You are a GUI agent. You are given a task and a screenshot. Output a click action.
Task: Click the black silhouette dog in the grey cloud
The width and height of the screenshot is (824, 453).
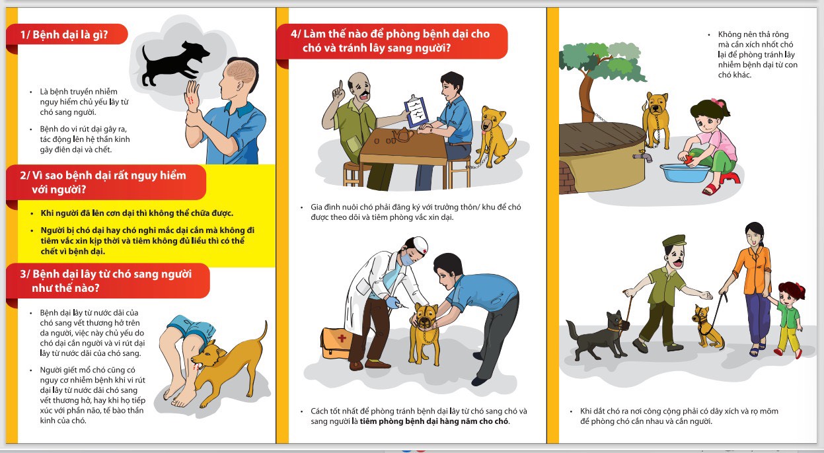(x=174, y=63)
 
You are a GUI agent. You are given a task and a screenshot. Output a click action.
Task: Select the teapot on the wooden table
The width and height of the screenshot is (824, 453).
(x=404, y=135)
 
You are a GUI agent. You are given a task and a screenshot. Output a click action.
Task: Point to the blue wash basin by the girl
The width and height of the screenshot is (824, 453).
(x=685, y=173)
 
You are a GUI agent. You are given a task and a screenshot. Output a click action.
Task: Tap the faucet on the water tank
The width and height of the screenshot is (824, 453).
(x=643, y=157)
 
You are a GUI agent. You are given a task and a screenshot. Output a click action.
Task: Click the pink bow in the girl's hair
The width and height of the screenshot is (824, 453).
(x=716, y=102)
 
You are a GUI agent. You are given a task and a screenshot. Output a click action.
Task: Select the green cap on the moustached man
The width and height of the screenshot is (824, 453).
(x=674, y=240)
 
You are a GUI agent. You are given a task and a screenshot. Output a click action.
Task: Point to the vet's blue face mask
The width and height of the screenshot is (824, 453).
(x=407, y=259)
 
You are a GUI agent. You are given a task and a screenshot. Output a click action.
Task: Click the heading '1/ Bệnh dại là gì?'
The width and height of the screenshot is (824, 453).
(x=64, y=34)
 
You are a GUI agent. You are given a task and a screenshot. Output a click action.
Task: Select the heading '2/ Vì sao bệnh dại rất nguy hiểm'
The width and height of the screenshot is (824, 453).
(x=103, y=176)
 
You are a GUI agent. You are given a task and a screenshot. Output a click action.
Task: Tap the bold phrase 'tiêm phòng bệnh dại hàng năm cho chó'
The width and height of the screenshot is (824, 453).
(x=434, y=421)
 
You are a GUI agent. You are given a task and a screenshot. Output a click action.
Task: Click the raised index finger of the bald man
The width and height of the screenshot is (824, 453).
(x=341, y=87)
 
